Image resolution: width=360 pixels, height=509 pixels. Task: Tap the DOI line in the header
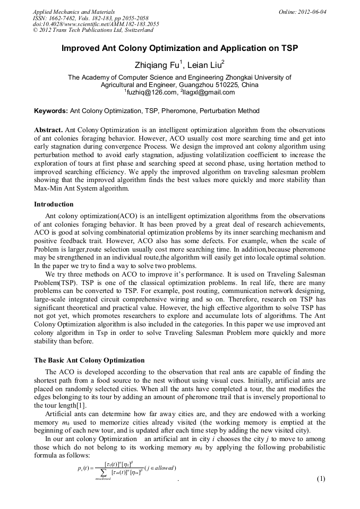96,24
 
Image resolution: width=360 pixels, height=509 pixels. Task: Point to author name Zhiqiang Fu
159,65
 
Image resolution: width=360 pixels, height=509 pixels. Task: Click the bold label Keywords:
51,111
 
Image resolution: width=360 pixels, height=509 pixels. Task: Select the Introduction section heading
54,204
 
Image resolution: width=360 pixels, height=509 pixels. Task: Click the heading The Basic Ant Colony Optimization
89,360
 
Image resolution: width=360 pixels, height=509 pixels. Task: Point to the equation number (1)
320,479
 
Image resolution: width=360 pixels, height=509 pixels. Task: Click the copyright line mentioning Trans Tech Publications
93,30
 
